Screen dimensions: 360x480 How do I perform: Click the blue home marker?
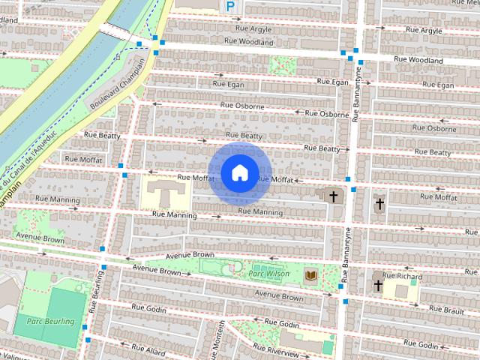pos(239,172)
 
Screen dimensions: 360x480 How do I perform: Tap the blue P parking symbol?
pos(231,7)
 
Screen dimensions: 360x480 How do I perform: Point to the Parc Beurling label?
pos(50,322)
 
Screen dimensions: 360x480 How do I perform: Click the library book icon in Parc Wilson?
pos(310,276)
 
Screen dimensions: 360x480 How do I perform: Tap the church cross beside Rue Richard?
pos(378,286)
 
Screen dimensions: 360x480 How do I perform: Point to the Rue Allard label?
pos(148,349)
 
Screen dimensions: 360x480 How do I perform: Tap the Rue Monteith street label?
pos(221,339)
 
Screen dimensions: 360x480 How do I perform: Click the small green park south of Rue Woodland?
pos(282,65)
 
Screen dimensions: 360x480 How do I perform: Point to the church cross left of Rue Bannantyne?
pos(333,196)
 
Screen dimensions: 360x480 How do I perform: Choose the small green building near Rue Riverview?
pos(328,347)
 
